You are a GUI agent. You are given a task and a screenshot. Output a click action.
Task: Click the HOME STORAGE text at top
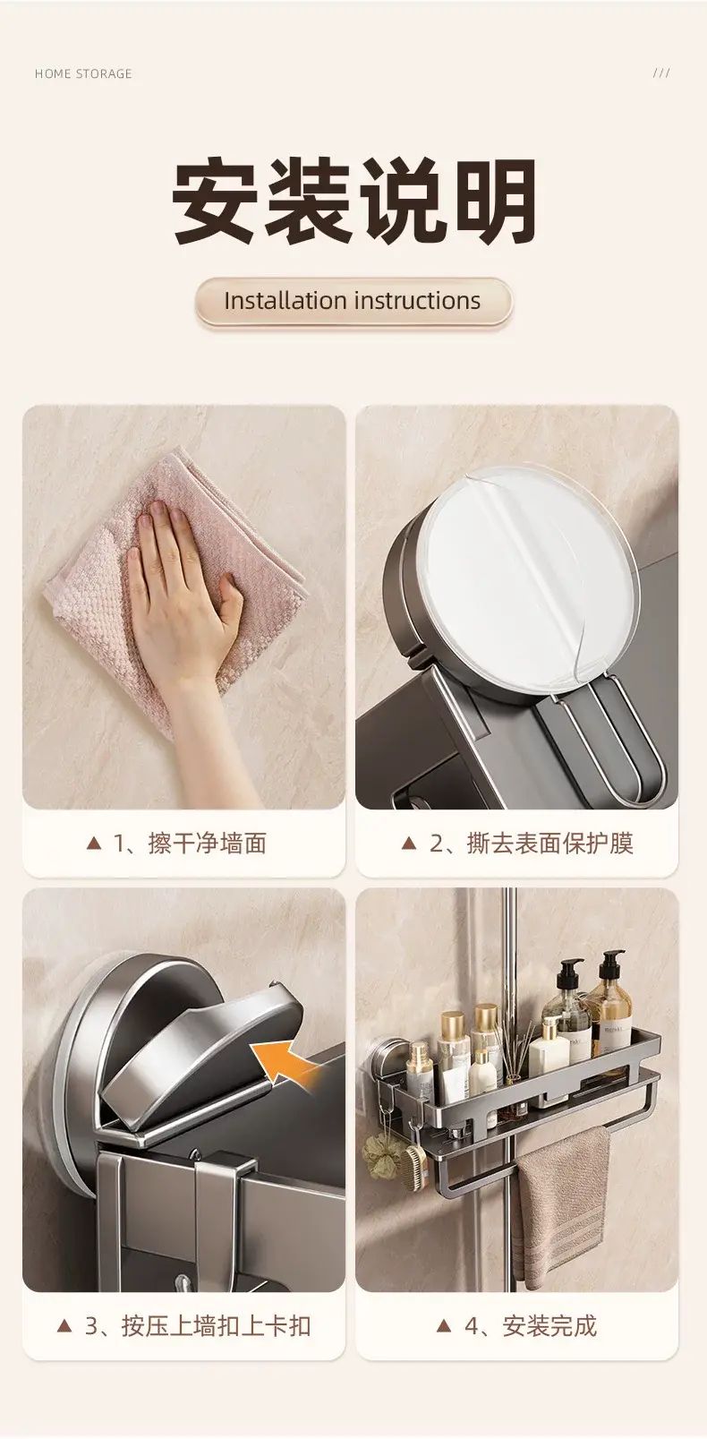tap(83, 74)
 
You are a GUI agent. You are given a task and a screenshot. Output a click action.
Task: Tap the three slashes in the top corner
tap(661, 73)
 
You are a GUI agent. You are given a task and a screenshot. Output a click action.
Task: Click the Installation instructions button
tap(353, 301)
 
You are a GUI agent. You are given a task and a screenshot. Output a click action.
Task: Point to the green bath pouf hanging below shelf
tap(380, 1151)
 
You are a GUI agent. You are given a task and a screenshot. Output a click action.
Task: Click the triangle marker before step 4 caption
tap(443, 1325)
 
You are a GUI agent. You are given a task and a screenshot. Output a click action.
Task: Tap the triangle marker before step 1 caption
tap(94, 843)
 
